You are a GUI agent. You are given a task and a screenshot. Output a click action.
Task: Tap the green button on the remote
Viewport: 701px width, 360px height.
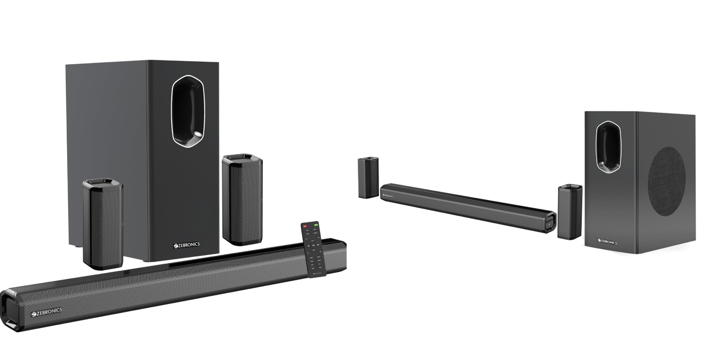tap(316, 225)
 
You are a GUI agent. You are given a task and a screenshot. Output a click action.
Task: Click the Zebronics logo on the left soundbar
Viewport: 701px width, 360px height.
tap(47, 311)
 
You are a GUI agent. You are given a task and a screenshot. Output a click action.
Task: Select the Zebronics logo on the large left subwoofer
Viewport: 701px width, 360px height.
tap(186, 245)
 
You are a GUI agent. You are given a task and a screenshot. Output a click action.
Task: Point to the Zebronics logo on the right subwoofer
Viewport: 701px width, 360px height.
tap(607, 241)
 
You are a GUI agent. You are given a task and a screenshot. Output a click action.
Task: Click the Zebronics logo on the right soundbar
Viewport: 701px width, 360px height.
tap(388, 195)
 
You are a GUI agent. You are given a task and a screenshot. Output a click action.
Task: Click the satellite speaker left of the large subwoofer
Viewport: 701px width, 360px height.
tap(103, 224)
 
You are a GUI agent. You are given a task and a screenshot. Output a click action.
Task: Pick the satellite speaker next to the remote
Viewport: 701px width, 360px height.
tap(242, 199)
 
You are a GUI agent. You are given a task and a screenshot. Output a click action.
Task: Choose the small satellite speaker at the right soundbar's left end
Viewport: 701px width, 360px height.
tap(369, 178)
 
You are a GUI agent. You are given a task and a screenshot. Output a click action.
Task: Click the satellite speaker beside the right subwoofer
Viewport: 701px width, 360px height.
tap(570, 212)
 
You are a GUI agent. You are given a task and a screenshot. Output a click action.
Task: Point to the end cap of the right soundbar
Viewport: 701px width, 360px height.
tap(550, 224)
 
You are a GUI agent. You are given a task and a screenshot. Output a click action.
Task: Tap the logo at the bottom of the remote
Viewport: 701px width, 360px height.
tap(317, 273)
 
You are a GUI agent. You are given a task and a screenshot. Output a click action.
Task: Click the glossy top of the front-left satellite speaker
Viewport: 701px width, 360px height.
tap(102, 183)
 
